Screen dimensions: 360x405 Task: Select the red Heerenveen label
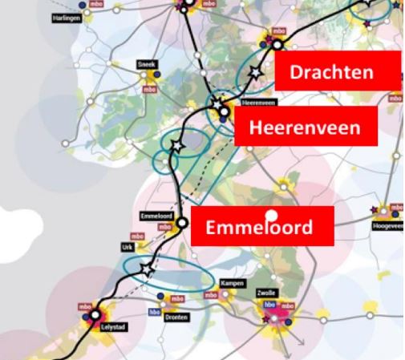(x=303, y=127)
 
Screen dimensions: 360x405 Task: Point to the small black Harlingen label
(x=67, y=17)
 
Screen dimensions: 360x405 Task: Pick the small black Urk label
(x=126, y=248)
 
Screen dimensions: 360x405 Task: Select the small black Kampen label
(x=232, y=284)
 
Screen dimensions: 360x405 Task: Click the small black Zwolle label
(x=267, y=293)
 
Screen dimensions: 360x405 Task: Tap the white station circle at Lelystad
(x=90, y=316)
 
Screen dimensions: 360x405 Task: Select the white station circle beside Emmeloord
(x=183, y=223)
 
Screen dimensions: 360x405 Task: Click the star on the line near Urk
(x=146, y=268)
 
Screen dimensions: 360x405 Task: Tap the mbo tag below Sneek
(x=148, y=89)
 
